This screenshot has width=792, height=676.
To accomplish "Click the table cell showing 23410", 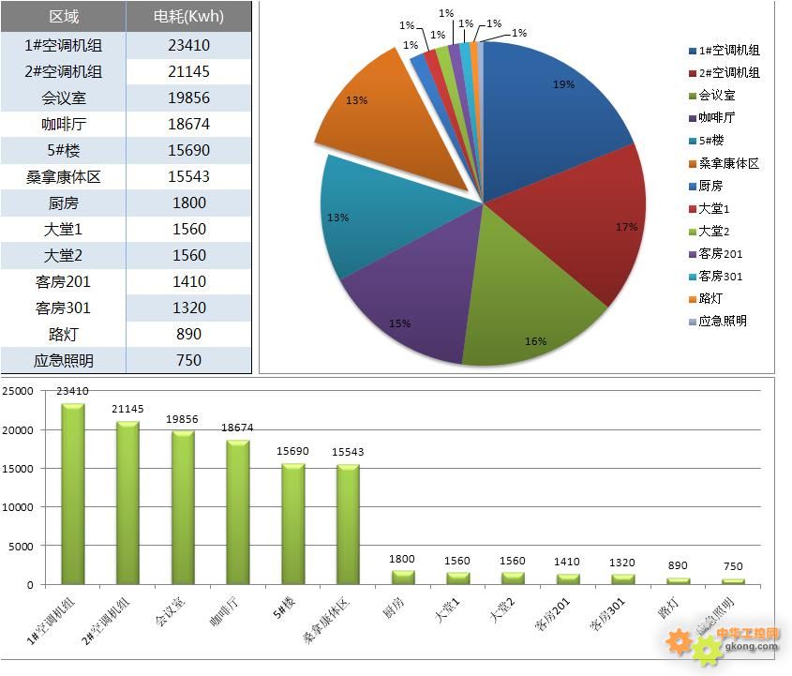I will tap(188, 45).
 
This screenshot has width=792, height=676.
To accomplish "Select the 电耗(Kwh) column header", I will tap(188, 17).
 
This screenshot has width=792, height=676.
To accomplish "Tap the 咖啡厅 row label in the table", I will tap(63, 124).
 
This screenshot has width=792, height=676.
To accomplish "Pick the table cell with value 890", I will tap(188, 334).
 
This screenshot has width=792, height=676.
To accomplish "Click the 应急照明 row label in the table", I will tap(63, 360).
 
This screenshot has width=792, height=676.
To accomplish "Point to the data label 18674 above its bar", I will tap(238, 428).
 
